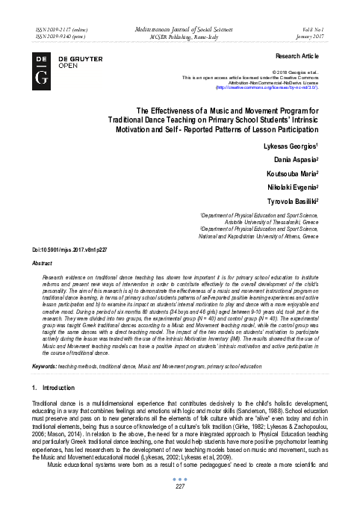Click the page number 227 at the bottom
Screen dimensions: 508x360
click(x=179, y=487)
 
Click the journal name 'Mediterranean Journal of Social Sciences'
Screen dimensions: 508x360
click(x=180, y=26)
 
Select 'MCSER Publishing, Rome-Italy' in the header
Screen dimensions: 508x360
click(x=180, y=35)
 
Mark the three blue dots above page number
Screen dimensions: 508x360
click(x=179, y=479)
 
